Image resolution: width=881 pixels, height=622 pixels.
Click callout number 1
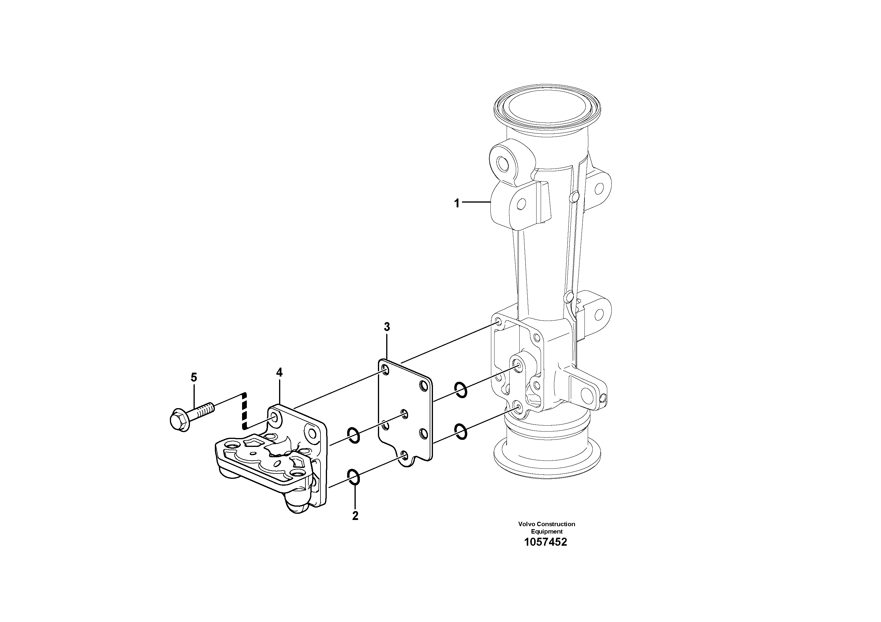[457, 203]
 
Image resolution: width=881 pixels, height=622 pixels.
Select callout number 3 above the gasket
[387, 327]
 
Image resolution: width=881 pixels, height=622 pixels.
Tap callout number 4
[279, 372]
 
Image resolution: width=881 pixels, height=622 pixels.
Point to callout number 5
[194, 377]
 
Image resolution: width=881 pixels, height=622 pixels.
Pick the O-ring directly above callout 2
[354, 477]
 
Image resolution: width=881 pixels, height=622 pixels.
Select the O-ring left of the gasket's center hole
[353, 435]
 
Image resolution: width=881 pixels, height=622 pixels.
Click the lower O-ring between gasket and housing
[461, 431]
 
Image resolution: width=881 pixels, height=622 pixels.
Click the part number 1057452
[546, 542]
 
